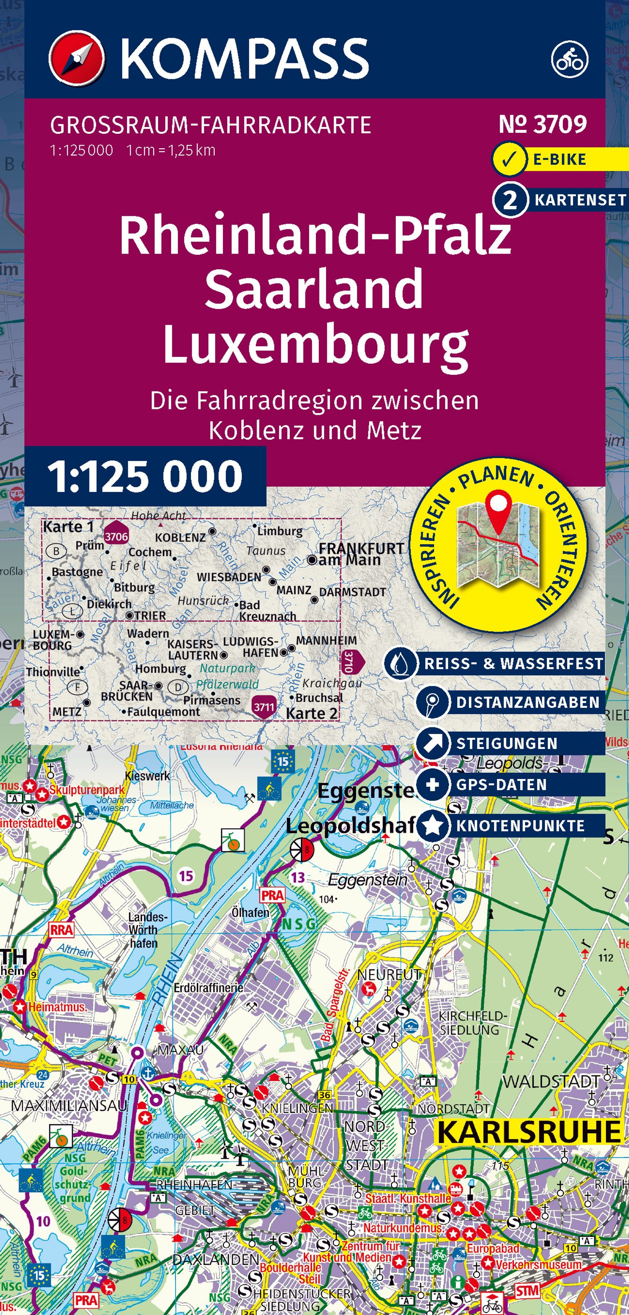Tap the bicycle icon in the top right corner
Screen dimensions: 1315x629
pos(569,59)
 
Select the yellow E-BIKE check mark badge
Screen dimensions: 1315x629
pos(509,160)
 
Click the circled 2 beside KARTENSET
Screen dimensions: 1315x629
pos(509,200)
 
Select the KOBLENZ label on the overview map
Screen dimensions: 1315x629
pos(180,538)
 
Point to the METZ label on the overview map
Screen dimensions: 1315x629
pos(66,711)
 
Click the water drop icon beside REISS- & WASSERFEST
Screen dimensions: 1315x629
pos(400,664)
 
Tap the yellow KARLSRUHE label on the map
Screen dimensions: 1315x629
pos(529,1132)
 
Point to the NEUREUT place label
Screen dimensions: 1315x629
pos(389,974)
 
